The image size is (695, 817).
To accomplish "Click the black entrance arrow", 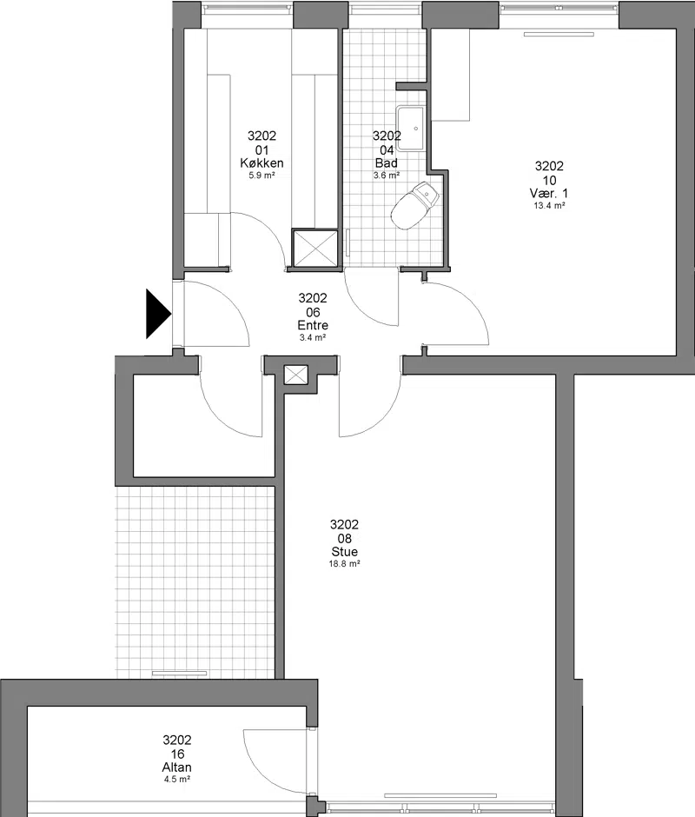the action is point(158,314).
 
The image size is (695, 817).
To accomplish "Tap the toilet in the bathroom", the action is point(414,205).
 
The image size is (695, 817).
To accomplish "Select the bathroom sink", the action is point(412,128).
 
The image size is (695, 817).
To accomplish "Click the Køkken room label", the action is point(261,163).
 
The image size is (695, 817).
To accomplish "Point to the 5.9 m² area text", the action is point(261,176).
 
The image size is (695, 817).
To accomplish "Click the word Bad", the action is point(386,163).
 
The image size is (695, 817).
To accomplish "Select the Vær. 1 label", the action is point(549,193).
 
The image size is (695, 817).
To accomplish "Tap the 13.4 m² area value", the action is point(549,206).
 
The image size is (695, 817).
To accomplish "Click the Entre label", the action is point(313,325).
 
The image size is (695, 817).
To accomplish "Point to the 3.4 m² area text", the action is point(313,337).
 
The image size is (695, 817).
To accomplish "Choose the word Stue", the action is point(344,551).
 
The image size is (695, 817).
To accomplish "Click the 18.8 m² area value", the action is point(344,564).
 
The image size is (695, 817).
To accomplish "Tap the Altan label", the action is point(176,767).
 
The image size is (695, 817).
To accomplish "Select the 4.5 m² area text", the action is point(176,780).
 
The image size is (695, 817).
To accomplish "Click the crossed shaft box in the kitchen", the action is point(314,248).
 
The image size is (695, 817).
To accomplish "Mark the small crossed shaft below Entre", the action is point(296,375).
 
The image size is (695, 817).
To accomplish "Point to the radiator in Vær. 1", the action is point(559,35).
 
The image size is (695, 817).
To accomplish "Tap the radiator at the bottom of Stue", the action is point(440,795).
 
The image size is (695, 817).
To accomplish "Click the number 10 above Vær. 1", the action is point(549,180).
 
